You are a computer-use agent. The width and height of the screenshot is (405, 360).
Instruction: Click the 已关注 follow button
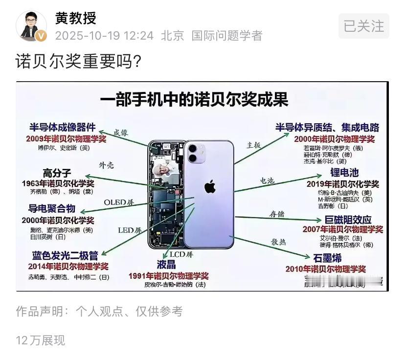[x=363, y=25]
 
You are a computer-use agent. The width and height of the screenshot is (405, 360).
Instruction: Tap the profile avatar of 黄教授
[x=32, y=26]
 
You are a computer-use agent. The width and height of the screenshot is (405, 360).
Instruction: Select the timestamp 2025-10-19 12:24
[x=104, y=36]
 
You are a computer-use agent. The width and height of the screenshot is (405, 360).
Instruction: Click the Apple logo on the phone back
[x=209, y=186]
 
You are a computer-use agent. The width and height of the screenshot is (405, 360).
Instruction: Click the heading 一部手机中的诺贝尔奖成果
[x=195, y=99]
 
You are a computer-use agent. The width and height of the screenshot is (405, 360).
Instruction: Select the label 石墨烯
[x=327, y=258]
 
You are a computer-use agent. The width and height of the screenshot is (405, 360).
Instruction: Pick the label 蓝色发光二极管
[x=65, y=255]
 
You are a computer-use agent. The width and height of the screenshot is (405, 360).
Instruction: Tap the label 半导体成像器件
[x=63, y=127]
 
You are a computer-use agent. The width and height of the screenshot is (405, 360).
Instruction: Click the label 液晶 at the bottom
[x=166, y=264]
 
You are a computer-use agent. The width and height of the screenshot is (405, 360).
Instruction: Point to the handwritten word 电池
[x=267, y=180]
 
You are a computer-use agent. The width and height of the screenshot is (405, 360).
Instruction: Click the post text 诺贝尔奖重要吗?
[x=78, y=62]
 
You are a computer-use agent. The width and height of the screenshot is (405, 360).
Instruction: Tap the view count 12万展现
[x=40, y=340]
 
